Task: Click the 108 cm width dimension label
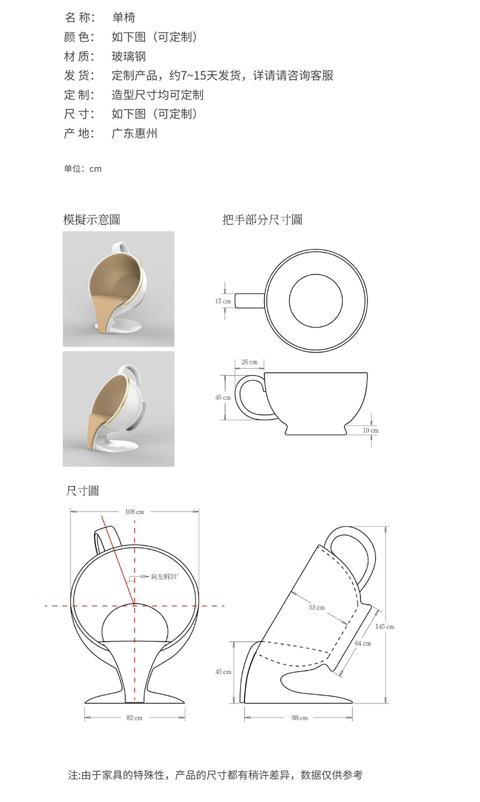(134, 512)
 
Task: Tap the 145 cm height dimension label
(385, 626)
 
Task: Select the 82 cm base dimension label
(134, 718)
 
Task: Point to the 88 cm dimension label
(300, 718)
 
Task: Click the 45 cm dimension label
(223, 672)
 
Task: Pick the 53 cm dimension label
(317, 608)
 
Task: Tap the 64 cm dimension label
(363, 643)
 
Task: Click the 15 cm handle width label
(223, 301)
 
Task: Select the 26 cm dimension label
(249, 362)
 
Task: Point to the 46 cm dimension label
(223, 398)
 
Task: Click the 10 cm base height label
(370, 430)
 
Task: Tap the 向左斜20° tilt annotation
(164, 576)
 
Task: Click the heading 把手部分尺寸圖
(262, 220)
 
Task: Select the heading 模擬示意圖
(92, 220)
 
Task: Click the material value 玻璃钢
(129, 56)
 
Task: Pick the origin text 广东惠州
(134, 133)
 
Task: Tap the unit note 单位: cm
(82, 169)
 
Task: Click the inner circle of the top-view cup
(316, 301)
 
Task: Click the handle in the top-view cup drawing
(250, 301)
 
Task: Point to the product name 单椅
(123, 18)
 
